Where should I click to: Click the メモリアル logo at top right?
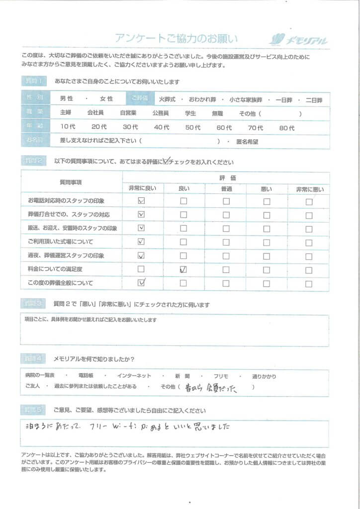pos(298,40)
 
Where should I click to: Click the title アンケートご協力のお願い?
pos(177,39)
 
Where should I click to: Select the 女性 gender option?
pos(106,99)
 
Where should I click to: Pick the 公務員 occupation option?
pos(162,113)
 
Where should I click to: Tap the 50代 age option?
pos(193,128)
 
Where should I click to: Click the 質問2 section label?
pos(34,162)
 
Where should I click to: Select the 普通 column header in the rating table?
pos(226,189)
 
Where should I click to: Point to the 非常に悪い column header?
pos(309,189)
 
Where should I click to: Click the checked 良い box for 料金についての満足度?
pos(183,269)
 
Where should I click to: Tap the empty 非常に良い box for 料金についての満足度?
pos(141,269)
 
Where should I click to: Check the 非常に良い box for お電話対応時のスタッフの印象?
pos(141,201)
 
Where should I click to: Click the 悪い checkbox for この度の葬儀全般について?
pos(267,283)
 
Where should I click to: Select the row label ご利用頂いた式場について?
pos(61,242)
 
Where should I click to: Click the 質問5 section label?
pos(34,410)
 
